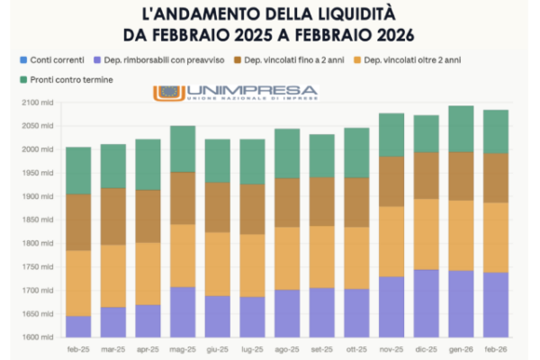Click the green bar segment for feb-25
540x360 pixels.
[79, 170]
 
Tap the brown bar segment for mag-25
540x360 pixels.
[183, 198]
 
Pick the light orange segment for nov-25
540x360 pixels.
[391, 241]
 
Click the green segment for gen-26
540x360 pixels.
[461, 129]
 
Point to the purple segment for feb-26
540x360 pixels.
[496, 304]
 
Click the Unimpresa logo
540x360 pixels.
[236, 93]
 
